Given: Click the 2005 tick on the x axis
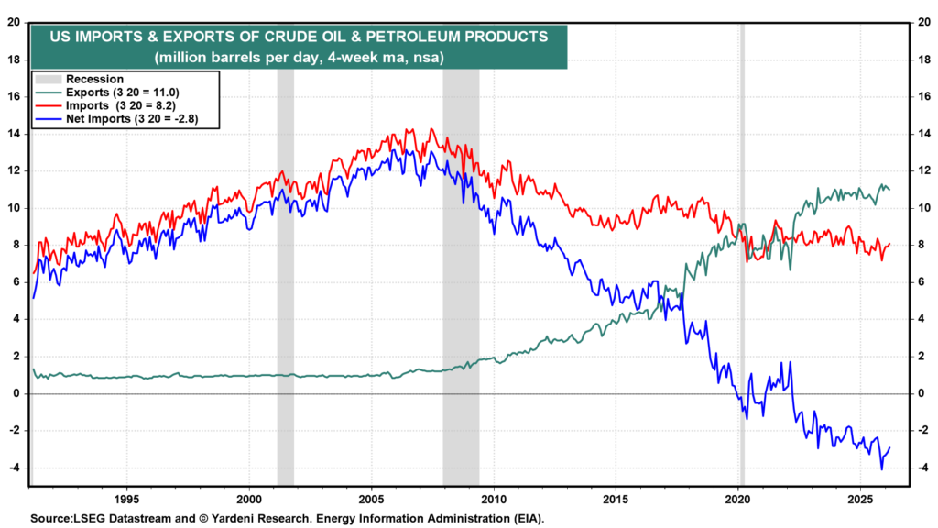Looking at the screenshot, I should click(371, 500).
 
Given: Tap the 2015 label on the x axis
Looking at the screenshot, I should click(616, 500).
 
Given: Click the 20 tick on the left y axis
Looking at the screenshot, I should click(16, 21).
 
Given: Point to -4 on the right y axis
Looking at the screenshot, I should click(922, 468).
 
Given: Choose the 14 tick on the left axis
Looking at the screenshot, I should click(16, 133).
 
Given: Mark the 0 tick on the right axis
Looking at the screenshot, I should click(920, 394).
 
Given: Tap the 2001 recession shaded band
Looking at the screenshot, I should click(285, 275).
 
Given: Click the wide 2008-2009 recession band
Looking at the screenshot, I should click(461, 275).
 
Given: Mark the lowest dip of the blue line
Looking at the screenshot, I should click(882, 468).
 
